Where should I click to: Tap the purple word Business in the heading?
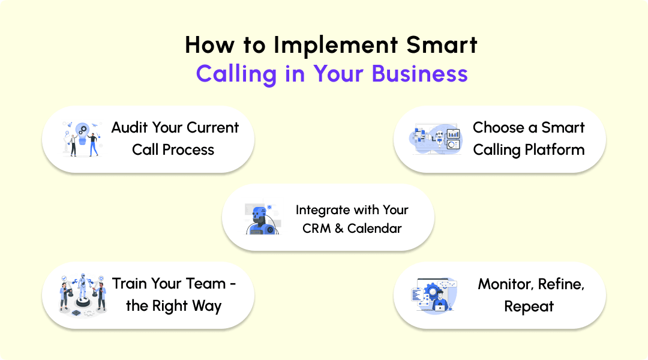point(419,74)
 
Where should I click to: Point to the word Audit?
point(130,127)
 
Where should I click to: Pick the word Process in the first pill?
point(189,149)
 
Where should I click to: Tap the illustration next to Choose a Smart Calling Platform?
point(435,139)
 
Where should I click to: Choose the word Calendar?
point(374,229)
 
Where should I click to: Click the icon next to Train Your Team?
point(83,294)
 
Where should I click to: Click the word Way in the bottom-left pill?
point(206,306)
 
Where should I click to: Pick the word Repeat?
point(529,307)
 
